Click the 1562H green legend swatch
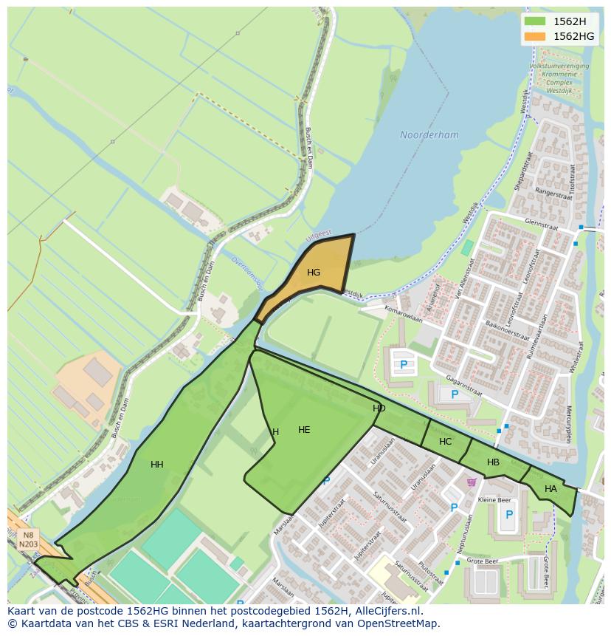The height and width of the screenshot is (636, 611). [534, 21]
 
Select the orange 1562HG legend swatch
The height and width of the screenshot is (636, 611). [534, 36]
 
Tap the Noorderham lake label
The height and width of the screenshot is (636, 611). [429, 135]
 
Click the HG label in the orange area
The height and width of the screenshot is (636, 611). [314, 273]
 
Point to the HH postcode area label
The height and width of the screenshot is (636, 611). [157, 465]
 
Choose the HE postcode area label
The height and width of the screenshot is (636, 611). [304, 430]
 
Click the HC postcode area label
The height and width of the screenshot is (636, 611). [445, 442]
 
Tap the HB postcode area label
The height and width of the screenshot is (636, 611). [493, 462]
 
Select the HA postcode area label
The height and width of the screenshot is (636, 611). [550, 489]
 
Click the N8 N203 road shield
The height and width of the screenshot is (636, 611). [28, 540]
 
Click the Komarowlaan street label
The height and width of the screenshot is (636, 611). [403, 315]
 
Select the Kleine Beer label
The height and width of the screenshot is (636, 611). [494, 500]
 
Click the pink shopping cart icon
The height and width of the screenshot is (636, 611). [471, 482]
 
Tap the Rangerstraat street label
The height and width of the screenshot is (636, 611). [553, 195]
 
